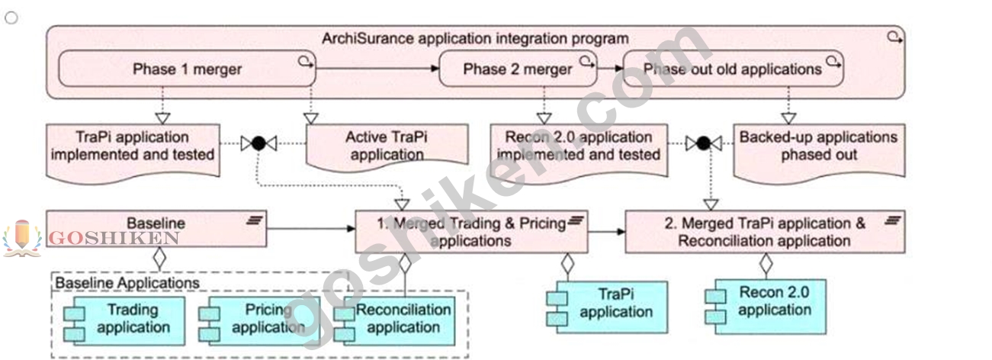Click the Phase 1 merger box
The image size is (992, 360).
pyautogui.click(x=187, y=69)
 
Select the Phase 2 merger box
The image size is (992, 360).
pyautogui.click(x=518, y=69)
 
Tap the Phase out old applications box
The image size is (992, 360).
pyautogui.click(x=733, y=69)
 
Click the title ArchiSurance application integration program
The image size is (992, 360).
pyautogui.click(x=475, y=39)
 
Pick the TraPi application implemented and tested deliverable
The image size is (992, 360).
pyautogui.click(x=133, y=150)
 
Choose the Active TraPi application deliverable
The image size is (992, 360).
pyautogui.click(x=387, y=146)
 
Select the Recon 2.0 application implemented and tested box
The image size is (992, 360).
pyautogui.click(x=579, y=150)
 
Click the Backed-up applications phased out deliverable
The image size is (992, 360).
pyautogui.click(x=819, y=150)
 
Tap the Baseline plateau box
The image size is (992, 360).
pyautogui.click(x=156, y=229)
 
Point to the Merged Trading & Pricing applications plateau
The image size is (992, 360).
pyautogui.click(x=472, y=232)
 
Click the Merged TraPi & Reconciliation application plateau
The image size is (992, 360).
pyautogui.click(x=765, y=232)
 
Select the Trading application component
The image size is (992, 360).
pyautogui.click(x=124, y=321)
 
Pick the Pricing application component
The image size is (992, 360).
pyautogui.click(x=259, y=321)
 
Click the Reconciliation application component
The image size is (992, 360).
pyautogui.click(x=394, y=321)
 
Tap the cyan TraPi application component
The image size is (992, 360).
pyautogui.click(x=607, y=307)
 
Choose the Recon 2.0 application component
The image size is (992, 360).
pyautogui.click(x=766, y=307)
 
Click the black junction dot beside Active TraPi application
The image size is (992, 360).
pyautogui.click(x=258, y=143)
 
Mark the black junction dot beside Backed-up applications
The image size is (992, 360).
pyautogui.click(x=703, y=143)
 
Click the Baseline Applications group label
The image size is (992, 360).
pyautogui.click(x=127, y=283)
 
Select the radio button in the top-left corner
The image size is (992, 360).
pyautogui.click(x=11, y=18)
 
